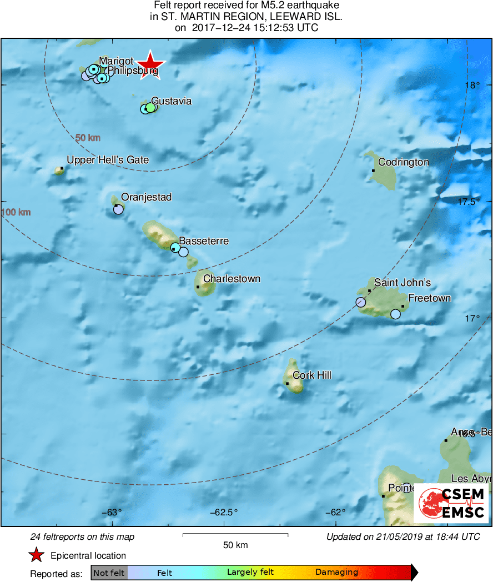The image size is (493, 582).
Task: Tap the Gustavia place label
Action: point(171,101)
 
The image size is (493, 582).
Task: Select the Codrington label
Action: point(404,162)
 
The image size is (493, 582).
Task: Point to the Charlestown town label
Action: point(232,279)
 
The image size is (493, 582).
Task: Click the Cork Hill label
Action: point(311,375)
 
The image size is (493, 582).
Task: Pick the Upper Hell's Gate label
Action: point(108,160)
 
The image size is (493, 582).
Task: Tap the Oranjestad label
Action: point(146,197)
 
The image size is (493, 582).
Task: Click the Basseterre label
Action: point(204,241)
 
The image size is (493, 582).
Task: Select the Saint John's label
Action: point(402,283)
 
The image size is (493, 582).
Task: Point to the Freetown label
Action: point(429,298)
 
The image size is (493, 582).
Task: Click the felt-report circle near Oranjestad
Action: point(118,209)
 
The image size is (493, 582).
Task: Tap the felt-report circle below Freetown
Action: point(395,314)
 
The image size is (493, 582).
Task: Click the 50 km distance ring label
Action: point(88,138)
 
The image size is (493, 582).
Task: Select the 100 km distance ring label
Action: point(16,212)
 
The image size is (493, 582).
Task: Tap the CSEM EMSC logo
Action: point(451,503)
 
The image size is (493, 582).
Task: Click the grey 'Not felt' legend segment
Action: point(109,573)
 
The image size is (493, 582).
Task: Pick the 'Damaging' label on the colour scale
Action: point(336,573)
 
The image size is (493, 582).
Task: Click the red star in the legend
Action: point(37,555)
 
